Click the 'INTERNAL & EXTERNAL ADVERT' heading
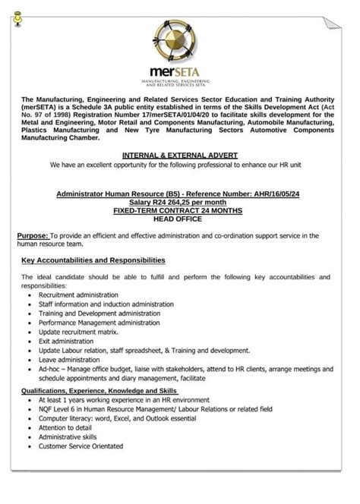click(180, 155)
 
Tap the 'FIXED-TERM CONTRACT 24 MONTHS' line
click(180, 211)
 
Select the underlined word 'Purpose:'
click(33, 237)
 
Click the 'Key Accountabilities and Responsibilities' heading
click(93, 260)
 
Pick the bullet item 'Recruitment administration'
click(79, 295)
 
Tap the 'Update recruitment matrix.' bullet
click(79, 332)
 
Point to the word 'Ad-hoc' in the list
click(50, 368)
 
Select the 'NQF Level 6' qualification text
click(59, 409)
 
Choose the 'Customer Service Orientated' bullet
click(81, 446)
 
